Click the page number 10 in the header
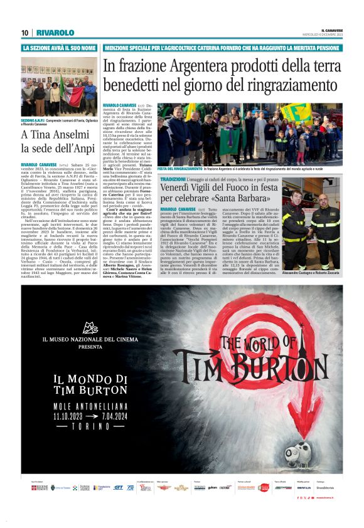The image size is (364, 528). tap(24, 33)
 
